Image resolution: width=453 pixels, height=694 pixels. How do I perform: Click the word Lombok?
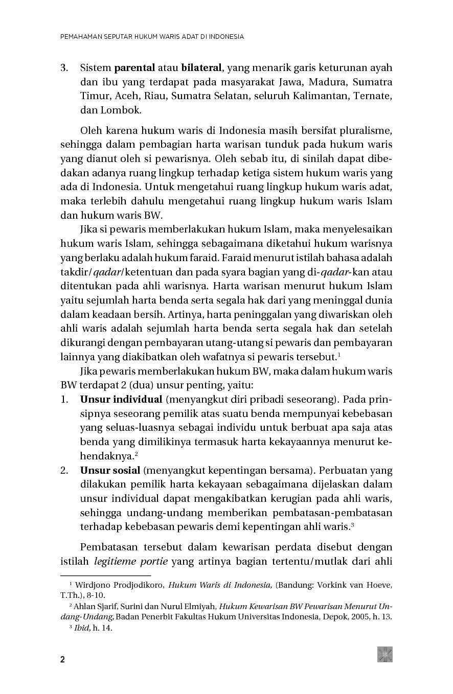[x=120, y=110]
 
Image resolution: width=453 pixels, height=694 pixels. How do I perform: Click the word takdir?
[x=75, y=271]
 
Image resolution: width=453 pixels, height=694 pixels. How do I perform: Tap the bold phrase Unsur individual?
[x=121, y=399]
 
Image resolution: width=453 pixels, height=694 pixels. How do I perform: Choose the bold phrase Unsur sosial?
[x=110, y=470]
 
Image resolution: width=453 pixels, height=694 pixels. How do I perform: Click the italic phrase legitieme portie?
[x=131, y=562]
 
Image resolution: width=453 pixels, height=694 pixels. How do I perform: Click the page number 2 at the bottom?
[x=63, y=659]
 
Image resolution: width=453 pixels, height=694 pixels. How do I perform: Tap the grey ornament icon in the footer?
[x=385, y=654]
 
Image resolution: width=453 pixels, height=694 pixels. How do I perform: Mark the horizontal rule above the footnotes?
[x=106, y=575]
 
